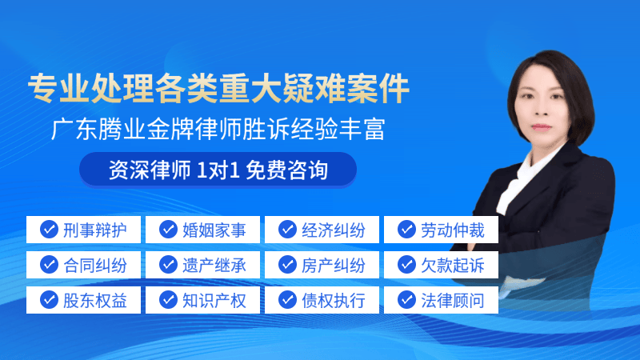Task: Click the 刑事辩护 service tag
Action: click(83, 230)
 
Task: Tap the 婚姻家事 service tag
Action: click(202, 230)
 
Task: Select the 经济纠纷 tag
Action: click(322, 230)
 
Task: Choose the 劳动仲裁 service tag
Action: click(441, 230)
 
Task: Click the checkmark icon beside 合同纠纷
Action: click(49, 265)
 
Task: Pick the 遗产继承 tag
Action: click(202, 265)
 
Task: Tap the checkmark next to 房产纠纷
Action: click(287, 265)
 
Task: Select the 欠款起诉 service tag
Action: click(441, 265)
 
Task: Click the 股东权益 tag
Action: click(83, 300)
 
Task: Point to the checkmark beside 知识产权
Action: click(168, 299)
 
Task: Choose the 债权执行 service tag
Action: click(322, 300)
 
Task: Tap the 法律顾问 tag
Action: click(441, 300)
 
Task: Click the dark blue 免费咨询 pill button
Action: click(218, 170)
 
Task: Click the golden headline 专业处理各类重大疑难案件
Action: click(218, 88)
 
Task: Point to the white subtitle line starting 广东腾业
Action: click(218, 129)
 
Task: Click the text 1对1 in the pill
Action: click(218, 170)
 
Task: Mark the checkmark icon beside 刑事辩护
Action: click(49, 230)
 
